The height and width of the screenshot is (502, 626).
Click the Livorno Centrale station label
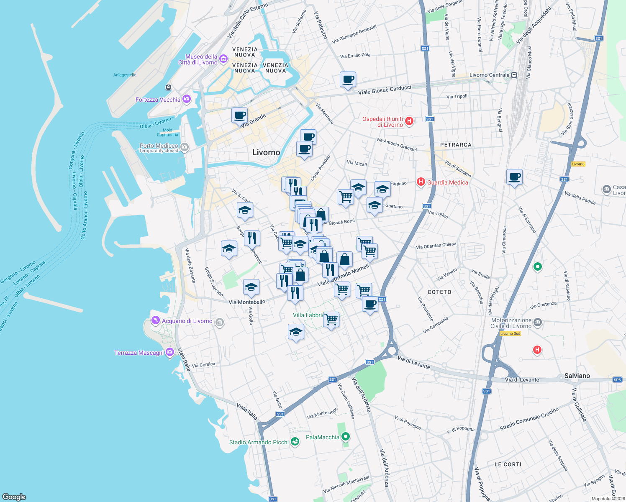click(489, 75)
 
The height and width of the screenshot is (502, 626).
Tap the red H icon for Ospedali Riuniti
click(409, 122)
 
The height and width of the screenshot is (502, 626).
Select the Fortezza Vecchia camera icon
click(187, 100)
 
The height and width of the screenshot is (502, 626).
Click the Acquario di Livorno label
click(187, 321)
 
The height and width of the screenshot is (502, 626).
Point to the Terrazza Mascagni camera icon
click(169, 353)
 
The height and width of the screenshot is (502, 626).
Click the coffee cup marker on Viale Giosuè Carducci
click(348, 79)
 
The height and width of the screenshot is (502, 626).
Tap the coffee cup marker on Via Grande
click(239, 115)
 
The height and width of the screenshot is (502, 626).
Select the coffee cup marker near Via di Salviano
click(514, 177)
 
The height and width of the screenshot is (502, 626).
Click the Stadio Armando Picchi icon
click(295, 442)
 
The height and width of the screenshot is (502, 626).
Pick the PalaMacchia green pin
click(345, 437)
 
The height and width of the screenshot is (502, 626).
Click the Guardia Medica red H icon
click(421, 182)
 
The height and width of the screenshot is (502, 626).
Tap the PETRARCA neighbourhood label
click(456, 145)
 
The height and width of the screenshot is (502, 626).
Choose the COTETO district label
click(439, 292)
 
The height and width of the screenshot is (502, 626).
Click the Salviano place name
click(577, 376)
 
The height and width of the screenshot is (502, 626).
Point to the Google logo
click(14, 497)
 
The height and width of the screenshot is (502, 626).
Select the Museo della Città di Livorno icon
click(223, 59)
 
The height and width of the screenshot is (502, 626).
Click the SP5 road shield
click(617, 380)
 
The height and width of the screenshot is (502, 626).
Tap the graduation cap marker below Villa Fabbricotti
click(296, 332)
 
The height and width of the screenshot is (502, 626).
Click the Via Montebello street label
click(247, 302)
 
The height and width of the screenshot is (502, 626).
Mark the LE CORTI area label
click(508, 464)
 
